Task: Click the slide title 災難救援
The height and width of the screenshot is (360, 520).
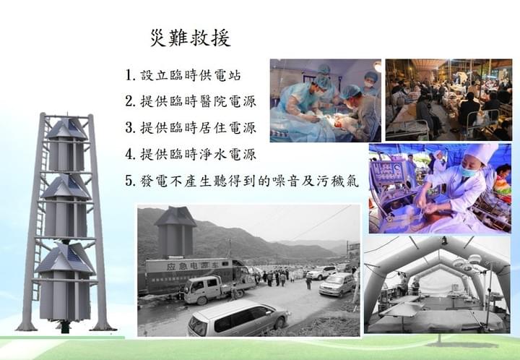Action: click(191, 38)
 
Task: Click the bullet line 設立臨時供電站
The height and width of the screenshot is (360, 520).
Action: click(191, 75)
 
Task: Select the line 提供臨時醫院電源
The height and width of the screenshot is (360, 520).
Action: click(198, 101)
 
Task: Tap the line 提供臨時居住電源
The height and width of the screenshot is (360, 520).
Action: click(198, 128)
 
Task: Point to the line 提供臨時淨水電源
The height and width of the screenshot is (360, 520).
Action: click(198, 154)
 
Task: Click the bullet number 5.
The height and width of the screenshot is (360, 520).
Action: click(129, 181)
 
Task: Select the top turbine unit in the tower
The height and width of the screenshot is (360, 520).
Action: click(66, 145)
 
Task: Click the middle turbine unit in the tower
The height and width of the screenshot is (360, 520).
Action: click(66, 206)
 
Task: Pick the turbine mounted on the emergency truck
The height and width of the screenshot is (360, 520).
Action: click(175, 231)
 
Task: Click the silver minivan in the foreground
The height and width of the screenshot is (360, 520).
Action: click(238, 317)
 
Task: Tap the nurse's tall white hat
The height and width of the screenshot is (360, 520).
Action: click(481, 153)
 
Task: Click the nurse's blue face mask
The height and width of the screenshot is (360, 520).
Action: click(468, 171)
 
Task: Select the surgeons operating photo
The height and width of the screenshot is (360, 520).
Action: click(325, 100)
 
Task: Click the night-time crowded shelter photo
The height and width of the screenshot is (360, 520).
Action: click(448, 100)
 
